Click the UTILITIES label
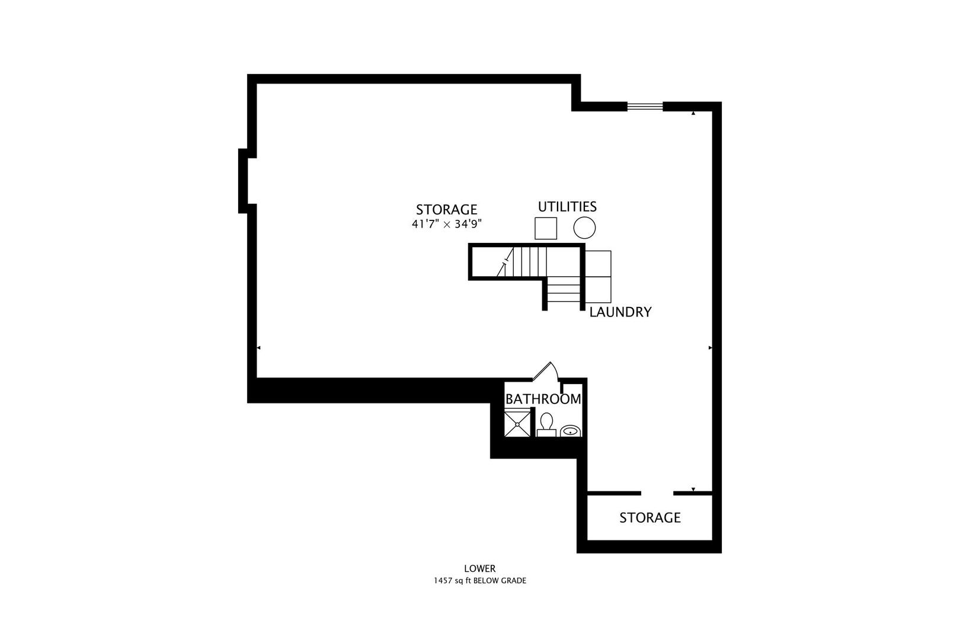coord(567,207)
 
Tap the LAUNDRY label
coord(620,312)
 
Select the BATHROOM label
coord(543,399)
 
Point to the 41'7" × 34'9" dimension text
coord(447,224)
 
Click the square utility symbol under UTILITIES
coord(546,228)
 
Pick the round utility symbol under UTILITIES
coord(584,228)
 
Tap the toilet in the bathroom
coord(546,424)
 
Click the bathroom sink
coord(571,431)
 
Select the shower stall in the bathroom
coord(517,424)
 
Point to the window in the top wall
coord(645,107)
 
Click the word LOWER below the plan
coord(479,569)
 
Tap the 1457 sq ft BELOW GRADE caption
coord(479,581)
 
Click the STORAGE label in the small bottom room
coord(649,518)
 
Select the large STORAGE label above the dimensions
coord(446,209)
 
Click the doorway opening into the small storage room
coord(657,493)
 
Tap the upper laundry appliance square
coord(598,263)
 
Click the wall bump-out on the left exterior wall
coord(243,180)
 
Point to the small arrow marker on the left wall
coord(258,348)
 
